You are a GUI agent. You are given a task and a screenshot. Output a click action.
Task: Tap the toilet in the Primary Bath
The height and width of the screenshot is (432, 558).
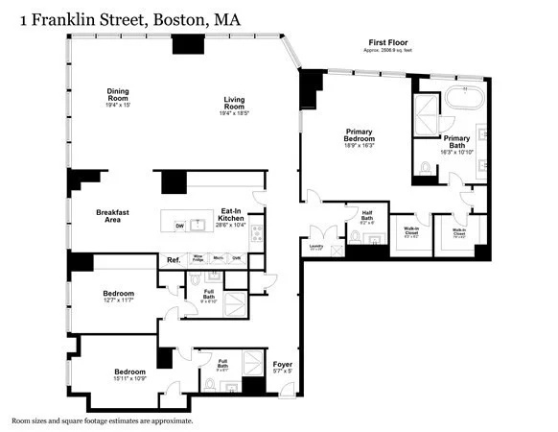pyautogui.click(x=425, y=171)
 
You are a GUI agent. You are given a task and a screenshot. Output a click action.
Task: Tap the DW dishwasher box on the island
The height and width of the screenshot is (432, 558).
pyautogui.click(x=179, y=226)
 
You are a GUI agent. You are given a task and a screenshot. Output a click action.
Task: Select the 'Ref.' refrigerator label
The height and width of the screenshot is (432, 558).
pyautogui.click(x=174, y=260)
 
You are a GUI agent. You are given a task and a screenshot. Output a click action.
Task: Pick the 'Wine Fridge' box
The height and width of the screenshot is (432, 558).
pyautogui.click(x=198, y=258)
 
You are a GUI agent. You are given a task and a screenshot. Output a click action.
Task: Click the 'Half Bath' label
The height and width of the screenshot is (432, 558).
pyautogui.click(x=365, y=216)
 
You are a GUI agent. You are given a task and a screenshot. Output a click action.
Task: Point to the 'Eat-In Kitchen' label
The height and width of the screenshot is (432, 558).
pyautogui.click(x=231, y=214)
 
